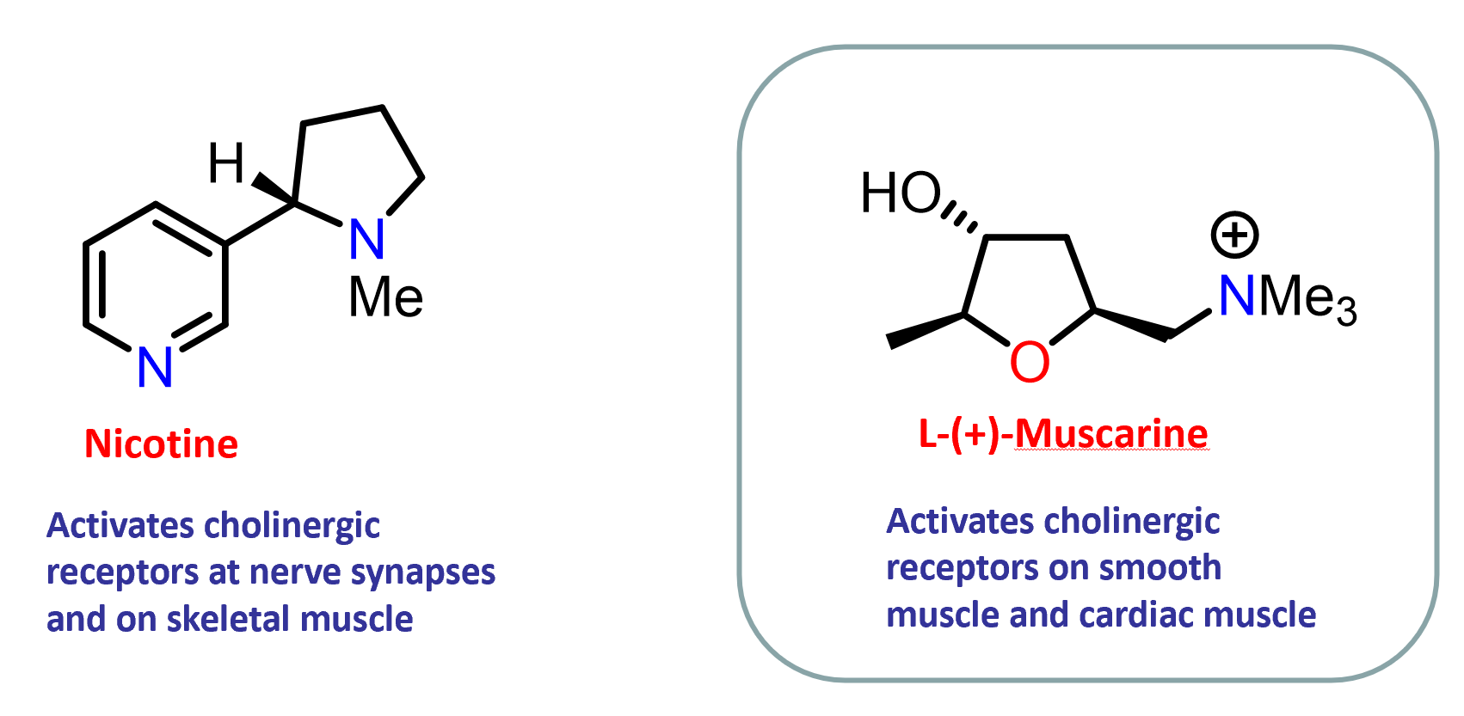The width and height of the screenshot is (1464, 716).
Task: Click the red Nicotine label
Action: coord(162,444)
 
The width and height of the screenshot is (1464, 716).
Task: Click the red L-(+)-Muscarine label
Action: coord(1063,434)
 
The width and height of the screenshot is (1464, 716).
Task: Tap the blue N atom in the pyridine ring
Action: coord(156,368)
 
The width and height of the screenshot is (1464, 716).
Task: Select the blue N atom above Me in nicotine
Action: coord(366,239)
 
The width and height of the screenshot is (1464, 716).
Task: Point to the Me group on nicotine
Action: coord(385,297)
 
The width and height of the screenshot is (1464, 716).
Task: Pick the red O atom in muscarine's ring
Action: coord(1030,362)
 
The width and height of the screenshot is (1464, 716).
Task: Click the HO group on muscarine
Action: coord(901,193)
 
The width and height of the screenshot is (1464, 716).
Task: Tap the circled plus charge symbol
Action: coord(1234,235)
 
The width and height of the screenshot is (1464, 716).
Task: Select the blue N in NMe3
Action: coord(1237,296)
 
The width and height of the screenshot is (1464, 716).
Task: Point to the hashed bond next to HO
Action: coord(959,217)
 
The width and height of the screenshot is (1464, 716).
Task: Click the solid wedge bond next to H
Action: coord(274,189)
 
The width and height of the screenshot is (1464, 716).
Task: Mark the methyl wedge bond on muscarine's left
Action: coord(925,331)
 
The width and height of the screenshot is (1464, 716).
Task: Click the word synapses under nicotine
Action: coord(423,573)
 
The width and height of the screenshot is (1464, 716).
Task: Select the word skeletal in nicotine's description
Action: coord(228,619)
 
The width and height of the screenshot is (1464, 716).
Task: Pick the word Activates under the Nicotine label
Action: coord(120,525)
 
